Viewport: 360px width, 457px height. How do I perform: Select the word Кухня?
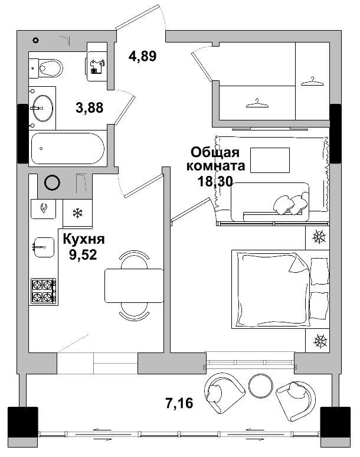tap(84, 240)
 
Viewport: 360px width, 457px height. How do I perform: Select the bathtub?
tap(67, 149)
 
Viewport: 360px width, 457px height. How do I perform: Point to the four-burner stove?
tap(44, 290)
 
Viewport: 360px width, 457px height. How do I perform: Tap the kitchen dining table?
tap(133, 285)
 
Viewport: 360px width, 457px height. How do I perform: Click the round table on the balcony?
tap(259, 386)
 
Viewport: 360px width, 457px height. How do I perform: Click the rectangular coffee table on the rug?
tap(270, 159)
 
